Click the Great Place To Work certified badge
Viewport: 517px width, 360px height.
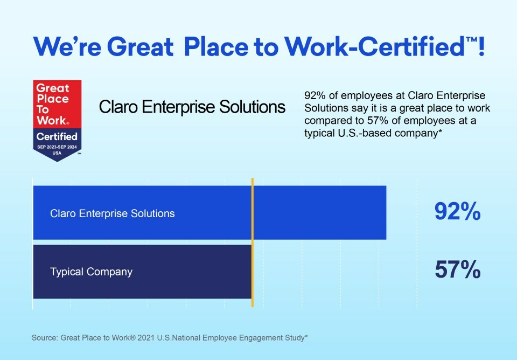[57, 120]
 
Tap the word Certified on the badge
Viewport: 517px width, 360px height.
[57, 136]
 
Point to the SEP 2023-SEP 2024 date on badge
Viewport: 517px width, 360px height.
[57, 147]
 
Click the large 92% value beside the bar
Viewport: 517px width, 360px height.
[457, 211]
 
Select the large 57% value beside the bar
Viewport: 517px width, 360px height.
[457, 269]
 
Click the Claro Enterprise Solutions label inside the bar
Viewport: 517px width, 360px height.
[113, 213]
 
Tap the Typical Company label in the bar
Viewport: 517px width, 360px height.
[92, 272]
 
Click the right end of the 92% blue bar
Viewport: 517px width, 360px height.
[386, 212]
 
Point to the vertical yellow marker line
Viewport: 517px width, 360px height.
[253, 243]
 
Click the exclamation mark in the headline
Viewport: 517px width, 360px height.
[481, 46]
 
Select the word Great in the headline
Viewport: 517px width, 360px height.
[140, 46]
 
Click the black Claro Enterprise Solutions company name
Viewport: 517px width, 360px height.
[192, 107]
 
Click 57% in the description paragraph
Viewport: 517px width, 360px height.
[378, 120]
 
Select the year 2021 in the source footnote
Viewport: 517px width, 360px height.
[146, 338]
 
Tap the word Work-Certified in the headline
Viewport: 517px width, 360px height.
[375, 46]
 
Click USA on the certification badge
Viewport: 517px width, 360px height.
[57, 153]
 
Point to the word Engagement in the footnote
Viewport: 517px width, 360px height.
[261, 338]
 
